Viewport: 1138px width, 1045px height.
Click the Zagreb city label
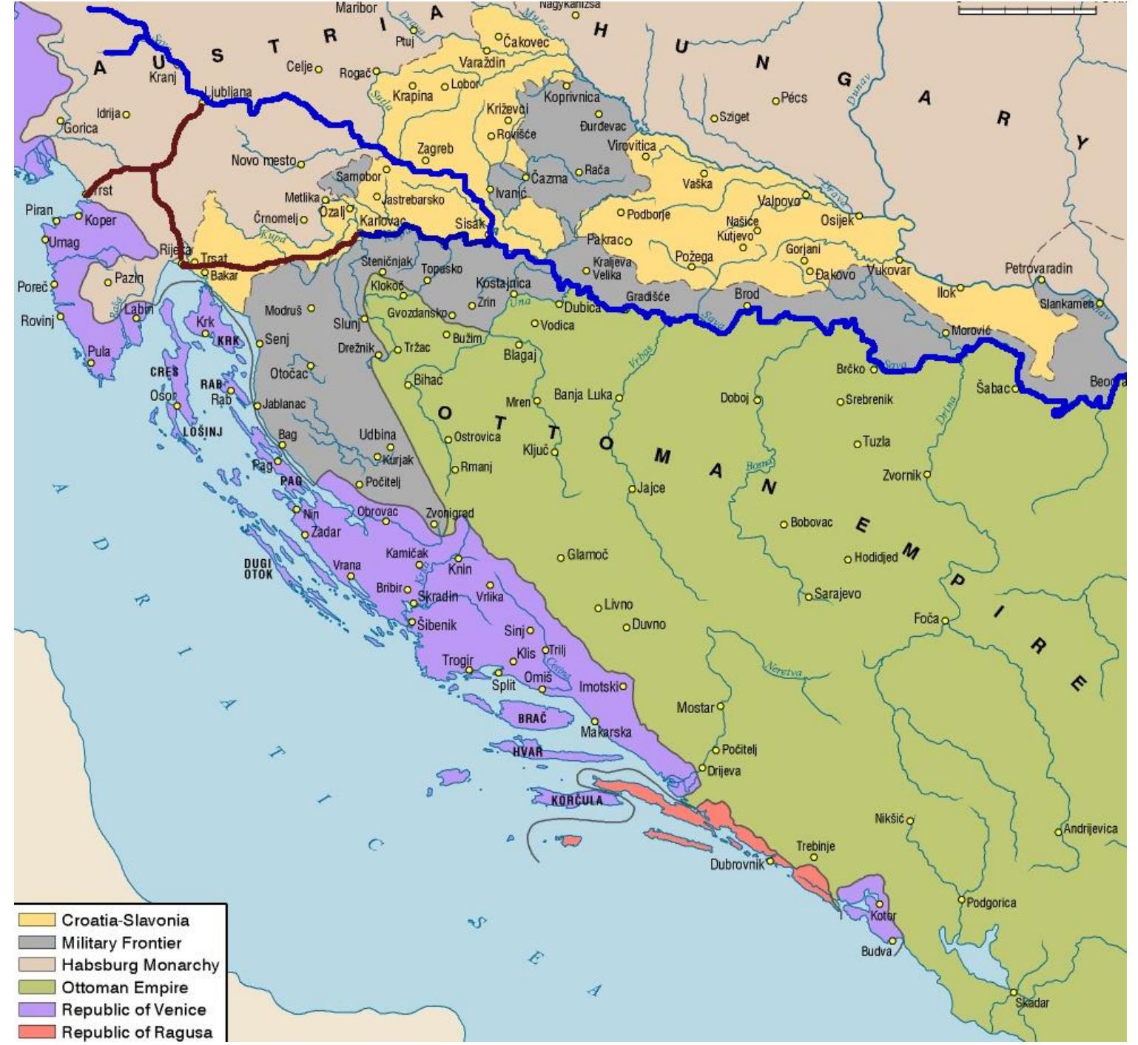tap(435, 149)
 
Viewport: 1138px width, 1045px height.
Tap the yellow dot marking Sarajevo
tap(809, 596)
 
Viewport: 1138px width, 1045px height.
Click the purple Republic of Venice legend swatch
tap(37, 1010)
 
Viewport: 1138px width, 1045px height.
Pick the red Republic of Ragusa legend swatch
tap(37, 1032)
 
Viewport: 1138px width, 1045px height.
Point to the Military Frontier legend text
tap(121, 943)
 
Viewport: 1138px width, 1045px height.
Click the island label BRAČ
tap(532, 718)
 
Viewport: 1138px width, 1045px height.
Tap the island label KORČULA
tap(576, 800)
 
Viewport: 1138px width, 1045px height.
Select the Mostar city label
tap(695, 708)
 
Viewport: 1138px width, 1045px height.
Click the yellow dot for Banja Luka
tap(619, 398)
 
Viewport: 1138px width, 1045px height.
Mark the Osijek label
tap(836, 220)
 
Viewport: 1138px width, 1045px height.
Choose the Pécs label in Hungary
tap(794, 98)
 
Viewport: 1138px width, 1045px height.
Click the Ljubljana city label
tap(227, 92)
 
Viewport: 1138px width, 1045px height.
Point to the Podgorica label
tap(991, 902)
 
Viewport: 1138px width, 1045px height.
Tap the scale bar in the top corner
tap(1027, 10)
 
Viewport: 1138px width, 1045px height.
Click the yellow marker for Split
tap(499, 673)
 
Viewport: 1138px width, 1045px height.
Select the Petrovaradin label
tap(1037, 268)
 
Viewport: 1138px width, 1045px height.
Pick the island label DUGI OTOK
tap(258, 569)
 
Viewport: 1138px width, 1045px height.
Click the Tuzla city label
tap(876, 442)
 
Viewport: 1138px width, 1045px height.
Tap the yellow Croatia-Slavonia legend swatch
tap(37, 920)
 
